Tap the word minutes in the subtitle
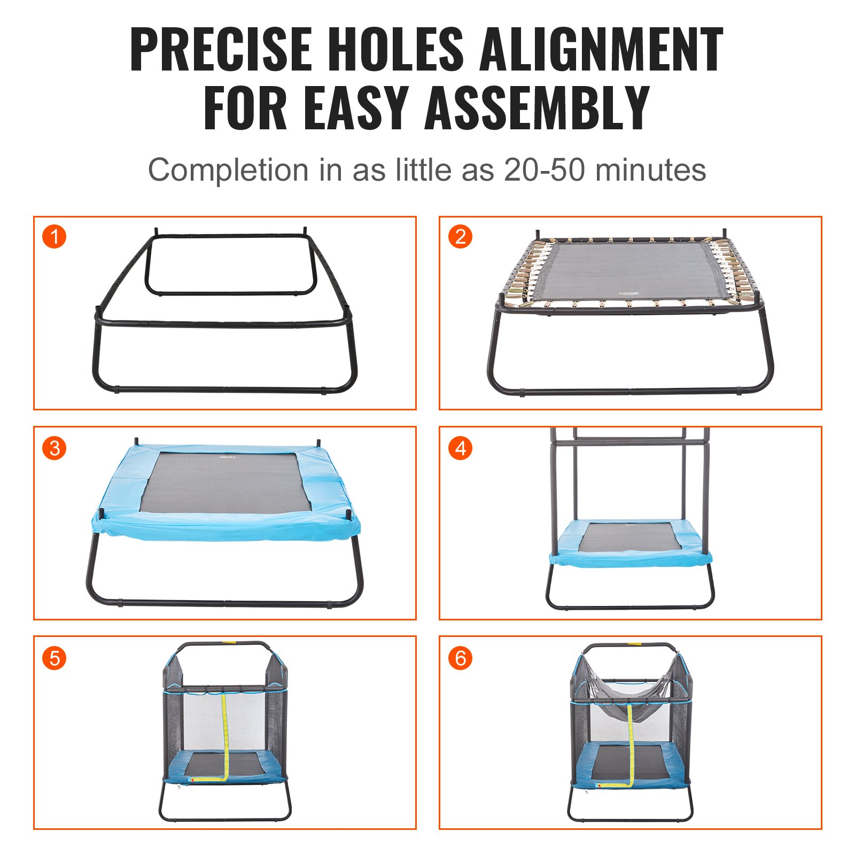click(650, 170)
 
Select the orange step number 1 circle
click(54, 236)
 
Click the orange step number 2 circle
click(460, 236)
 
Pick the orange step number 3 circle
click(54, 448)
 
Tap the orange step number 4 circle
click(460, 448)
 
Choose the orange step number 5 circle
click(54, 658)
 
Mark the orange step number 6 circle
click(460, 658)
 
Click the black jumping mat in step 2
click(631, 271)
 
